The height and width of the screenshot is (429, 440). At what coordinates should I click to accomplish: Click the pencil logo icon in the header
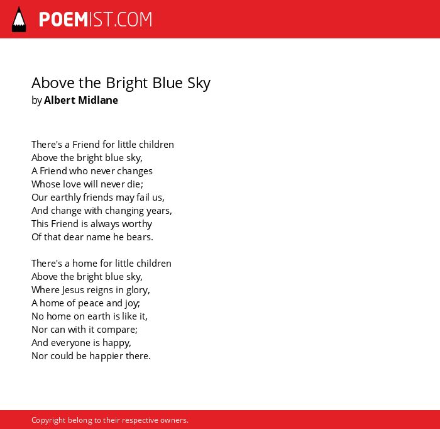[19, 19]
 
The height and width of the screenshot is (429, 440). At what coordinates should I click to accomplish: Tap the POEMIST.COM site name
[96, 19]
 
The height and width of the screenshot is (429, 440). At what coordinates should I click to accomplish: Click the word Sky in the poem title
[199, 83]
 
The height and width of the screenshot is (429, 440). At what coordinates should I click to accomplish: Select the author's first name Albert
[60, 100]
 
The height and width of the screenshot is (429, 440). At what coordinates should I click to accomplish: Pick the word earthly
[65, 198]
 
